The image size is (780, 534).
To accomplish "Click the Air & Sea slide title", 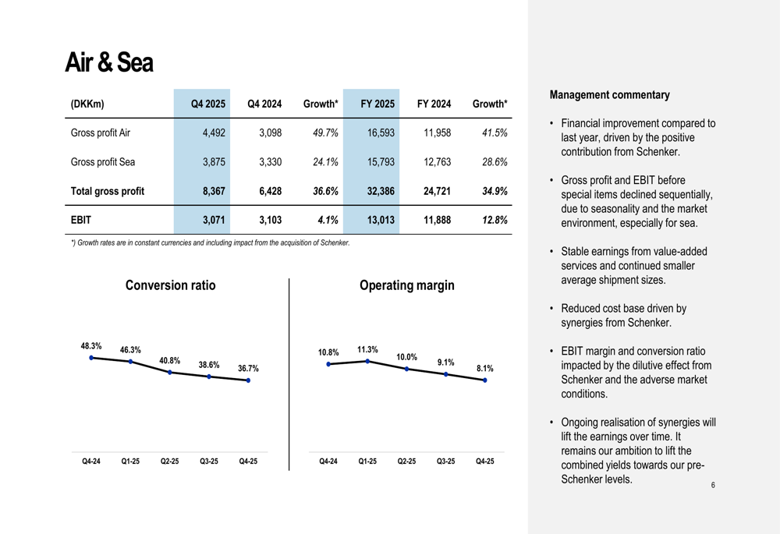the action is [x=109, y=62].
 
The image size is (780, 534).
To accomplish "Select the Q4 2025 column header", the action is [x=208, y=104].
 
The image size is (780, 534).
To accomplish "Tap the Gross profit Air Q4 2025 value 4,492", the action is [x=214, y=133].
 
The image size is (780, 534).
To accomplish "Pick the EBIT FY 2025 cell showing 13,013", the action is [x=381, y=220].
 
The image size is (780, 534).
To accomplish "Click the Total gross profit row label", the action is [x=108, y=191].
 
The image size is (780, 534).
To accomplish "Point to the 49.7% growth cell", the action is [x=325, y=133].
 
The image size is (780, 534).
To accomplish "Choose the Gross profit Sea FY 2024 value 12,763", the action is [x=438, y=162].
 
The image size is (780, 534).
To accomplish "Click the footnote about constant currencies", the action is [x=211, y=242].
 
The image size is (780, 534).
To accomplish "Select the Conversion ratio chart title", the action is [x=171, y=285].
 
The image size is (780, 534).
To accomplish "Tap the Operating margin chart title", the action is [x=407, y=285].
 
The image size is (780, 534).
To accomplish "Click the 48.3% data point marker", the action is [x=91, y=358].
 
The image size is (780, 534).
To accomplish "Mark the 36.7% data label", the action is [x=248, y=369].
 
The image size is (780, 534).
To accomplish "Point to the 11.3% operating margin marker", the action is [x=367, y=361].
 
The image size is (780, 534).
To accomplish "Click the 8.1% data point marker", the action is [x=485, y=380].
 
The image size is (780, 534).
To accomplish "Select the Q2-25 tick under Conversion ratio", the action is [x=169, y=461].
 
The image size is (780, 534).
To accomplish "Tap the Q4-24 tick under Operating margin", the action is [x=328, y=461].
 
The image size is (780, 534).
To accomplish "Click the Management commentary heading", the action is [x=609, y=94].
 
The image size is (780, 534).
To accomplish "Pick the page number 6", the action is [x=713, y=485].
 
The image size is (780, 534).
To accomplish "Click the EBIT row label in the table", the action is [x=81, y=220].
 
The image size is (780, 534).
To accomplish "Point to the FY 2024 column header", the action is [x=434, y=104].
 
